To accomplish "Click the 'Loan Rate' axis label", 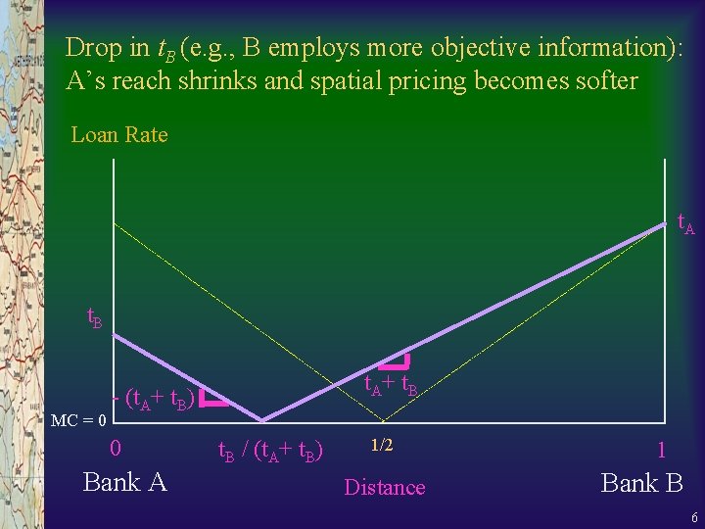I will click(x=119, y=135).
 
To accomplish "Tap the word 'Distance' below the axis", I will click(x=385, y=487).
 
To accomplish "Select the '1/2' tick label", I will click(x=381, y=446).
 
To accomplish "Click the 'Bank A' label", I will click(x=125, y=482).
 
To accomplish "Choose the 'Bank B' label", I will click(x=641, y=482).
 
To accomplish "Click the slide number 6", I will click(x=693, y=517).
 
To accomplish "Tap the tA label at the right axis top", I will click(x=685, y=224).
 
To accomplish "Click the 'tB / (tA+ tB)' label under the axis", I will click(x=270, y=451).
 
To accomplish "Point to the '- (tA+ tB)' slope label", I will click(x=157, y=399).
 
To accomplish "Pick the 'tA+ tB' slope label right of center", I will click(x=391, y=385).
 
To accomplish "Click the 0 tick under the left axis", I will click(x=116, y=449).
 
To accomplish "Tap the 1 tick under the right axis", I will click(x=662, y=450).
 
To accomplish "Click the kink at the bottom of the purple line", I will click(x=261, y=419).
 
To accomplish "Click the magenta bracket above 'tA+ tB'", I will click(x=397, y=361).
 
